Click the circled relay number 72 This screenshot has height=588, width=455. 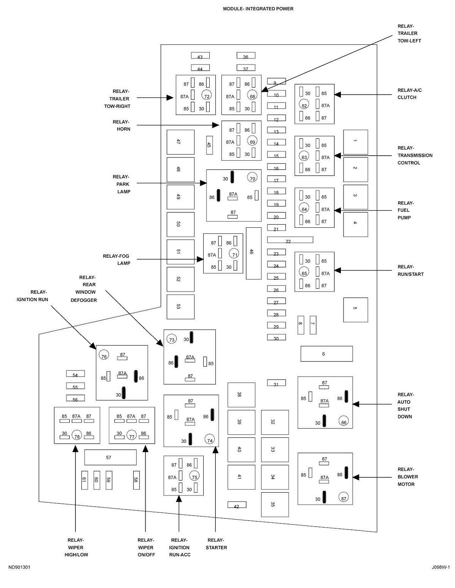point(207,96)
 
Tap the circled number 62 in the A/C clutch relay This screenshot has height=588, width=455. point(304,105)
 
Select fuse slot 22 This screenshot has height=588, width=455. point(290,240)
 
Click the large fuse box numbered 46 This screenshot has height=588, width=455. point(254,253)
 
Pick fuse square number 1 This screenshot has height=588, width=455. point(355,142)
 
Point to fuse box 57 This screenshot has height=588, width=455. point(110,457)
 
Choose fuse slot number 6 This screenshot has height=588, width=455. point(326,354)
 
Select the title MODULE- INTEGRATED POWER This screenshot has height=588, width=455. point(258,9)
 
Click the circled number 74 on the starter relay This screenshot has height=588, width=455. point(209,440)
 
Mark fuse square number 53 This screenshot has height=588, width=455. point(180,307)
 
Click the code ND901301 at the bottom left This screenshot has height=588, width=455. point(19,568)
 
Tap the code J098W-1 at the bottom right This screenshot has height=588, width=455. point(440,568)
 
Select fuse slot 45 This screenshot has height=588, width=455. point(209,145)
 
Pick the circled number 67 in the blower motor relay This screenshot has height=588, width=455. point(344,498)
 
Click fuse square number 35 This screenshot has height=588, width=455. point(275,504)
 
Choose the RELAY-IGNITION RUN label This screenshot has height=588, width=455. point(32,296)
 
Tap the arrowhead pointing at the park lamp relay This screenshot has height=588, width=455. point(204,183)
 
